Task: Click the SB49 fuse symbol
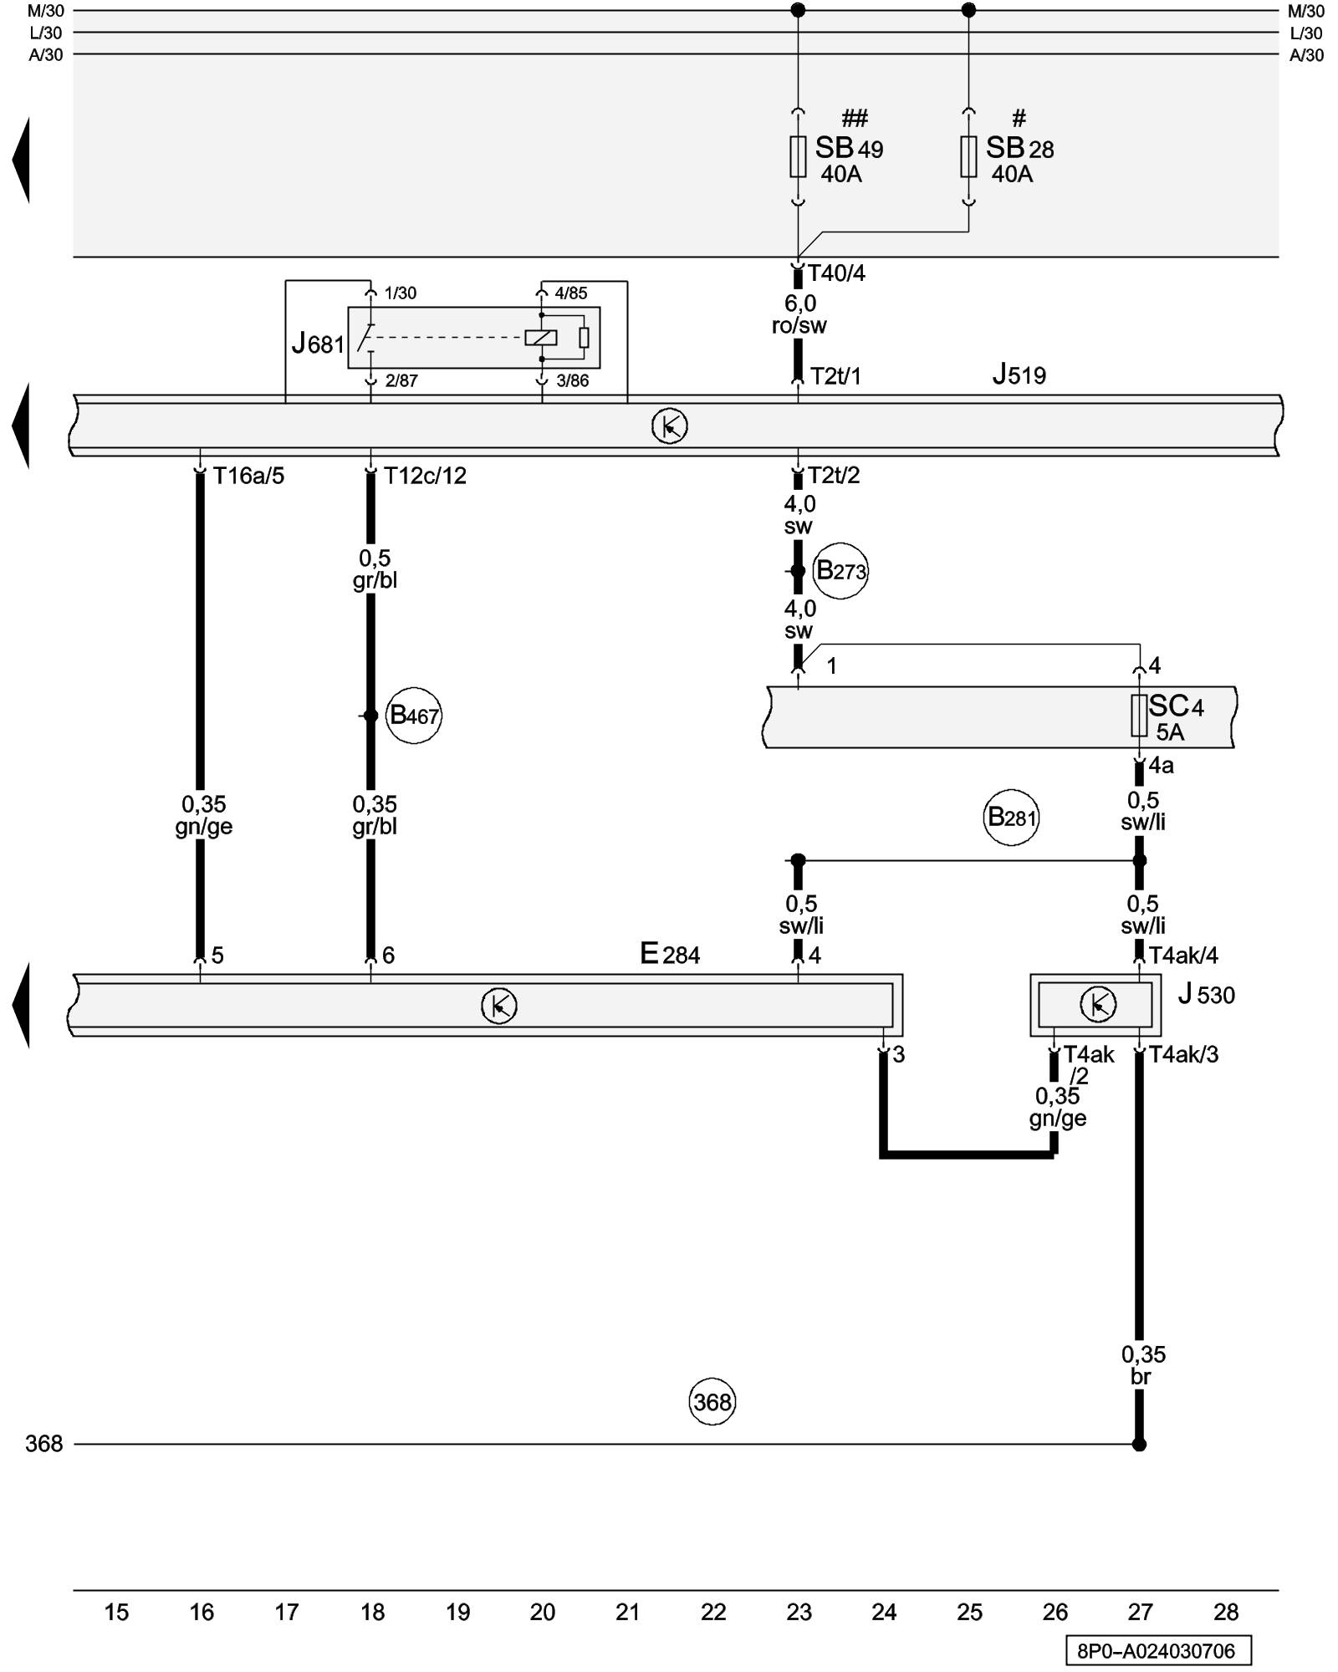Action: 798,156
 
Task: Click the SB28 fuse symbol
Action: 968,156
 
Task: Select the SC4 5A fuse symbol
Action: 1139,716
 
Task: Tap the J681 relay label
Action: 318,343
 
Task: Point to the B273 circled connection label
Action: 840,571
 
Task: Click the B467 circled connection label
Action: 414,716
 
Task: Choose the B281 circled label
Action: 1011,817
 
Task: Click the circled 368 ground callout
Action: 712,1401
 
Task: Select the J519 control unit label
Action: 1019,375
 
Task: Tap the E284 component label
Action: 670,954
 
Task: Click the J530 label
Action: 1206,995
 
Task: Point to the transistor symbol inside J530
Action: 1097,1004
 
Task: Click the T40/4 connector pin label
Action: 836,273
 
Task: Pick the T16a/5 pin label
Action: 248,476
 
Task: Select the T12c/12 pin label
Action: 425,476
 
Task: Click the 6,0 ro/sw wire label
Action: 799,314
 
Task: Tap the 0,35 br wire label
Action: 1142,1365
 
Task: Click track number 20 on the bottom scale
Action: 543,1612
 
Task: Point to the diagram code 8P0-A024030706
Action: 1158,1650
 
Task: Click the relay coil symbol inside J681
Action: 540,338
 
